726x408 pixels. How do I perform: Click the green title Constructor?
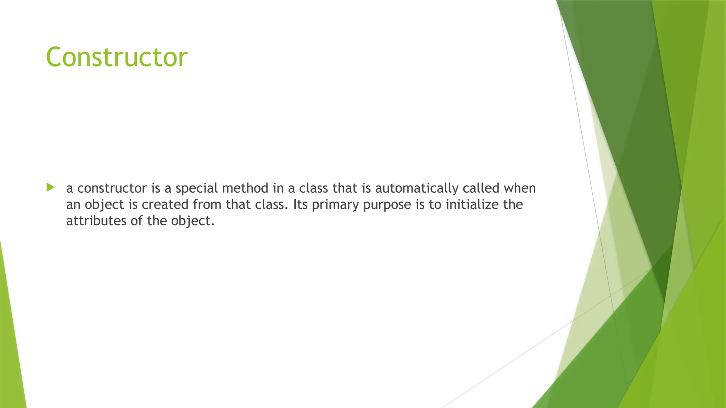tap(117, 57)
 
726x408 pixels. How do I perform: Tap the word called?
tap(481, 188)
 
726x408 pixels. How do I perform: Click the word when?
tap(520, 188)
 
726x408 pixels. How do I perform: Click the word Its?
tap(300, 204)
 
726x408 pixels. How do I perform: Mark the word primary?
tap(335, 205)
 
